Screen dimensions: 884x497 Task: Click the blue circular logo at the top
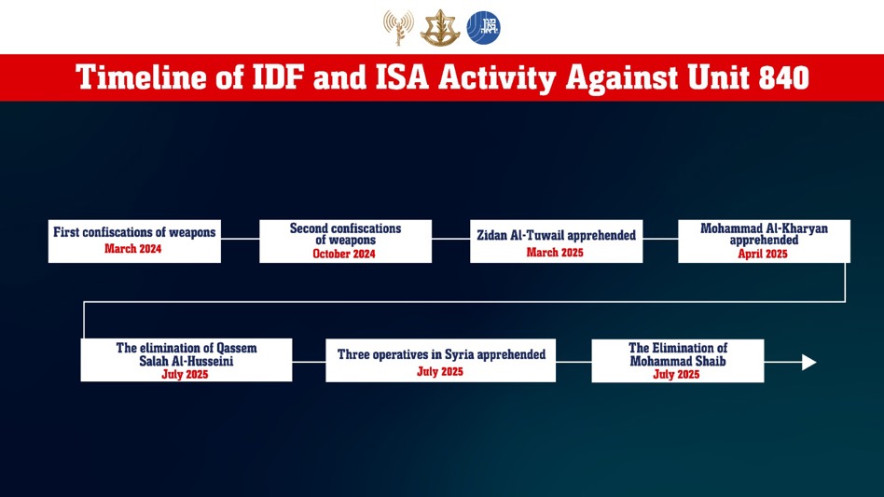(x=483, y=28)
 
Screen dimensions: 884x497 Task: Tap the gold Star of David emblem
(x=440, y=28)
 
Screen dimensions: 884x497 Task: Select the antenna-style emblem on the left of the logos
(x=398, y=28)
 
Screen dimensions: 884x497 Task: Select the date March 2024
(x=133, y=249)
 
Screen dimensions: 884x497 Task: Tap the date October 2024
(x=344, y=255)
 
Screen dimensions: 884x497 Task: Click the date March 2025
(x=555, y=253)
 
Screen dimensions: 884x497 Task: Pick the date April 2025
(x=763, y=255)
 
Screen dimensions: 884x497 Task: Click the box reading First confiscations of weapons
(x=134, y=242)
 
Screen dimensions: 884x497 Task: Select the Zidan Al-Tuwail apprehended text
(x=557, y=236)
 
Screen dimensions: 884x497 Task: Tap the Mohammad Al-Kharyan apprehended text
(x=764, y=234)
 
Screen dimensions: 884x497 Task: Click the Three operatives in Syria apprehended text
(x=441, y=354)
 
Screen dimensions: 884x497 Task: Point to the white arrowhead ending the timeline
(x=809, y=363)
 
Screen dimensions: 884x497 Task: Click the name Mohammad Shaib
(x=678, y=361)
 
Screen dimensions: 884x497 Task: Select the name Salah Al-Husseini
(x=186, y=361)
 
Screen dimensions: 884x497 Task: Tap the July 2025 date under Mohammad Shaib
(x=677, y=375)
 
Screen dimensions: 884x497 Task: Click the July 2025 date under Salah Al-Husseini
(x=185, y=375)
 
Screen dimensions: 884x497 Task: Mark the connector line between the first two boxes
(x=241, y=239)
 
